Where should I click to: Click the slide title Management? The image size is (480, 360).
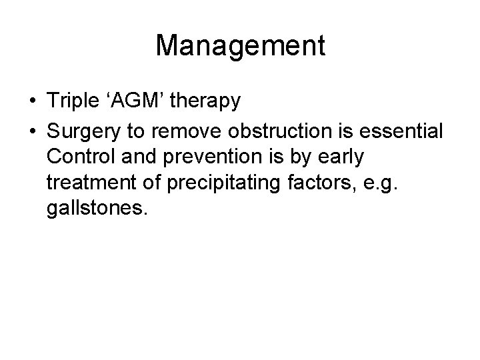(240, 46)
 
